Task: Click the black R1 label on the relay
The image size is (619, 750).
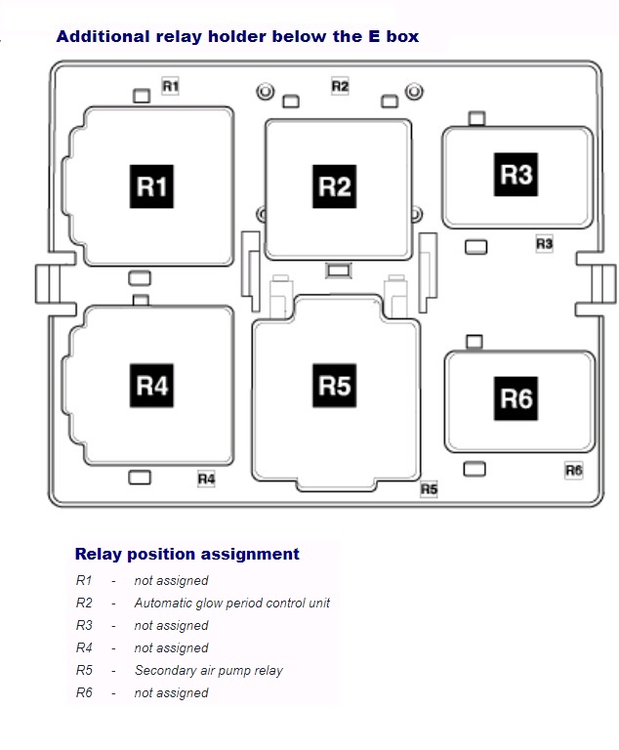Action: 151,187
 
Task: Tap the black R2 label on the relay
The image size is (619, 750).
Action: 334,186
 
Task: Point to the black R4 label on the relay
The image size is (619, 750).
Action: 151,386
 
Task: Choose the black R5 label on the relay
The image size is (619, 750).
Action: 334,386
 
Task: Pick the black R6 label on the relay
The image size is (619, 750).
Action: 516,398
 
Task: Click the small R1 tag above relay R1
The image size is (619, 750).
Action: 171,87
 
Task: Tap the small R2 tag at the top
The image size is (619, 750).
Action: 340,86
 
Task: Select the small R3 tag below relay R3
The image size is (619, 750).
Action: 544,243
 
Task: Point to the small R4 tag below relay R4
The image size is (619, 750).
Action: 206,479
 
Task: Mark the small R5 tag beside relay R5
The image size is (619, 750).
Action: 429,488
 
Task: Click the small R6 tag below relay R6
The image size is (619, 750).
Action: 574,471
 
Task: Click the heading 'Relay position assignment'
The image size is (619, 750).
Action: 187,554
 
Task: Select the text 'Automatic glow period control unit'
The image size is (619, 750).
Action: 232,604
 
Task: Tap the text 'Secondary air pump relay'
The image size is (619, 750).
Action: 209,671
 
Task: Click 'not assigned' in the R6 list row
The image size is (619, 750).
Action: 172,693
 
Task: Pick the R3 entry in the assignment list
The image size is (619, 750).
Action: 83,626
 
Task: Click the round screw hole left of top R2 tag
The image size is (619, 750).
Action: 264,93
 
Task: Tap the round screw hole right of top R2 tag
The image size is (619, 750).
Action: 414,93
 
